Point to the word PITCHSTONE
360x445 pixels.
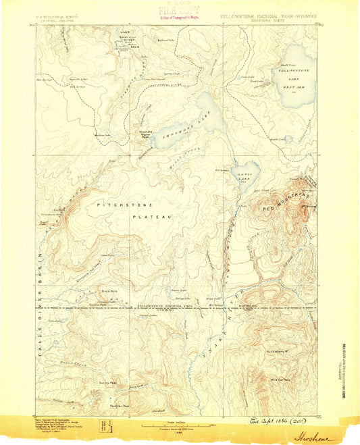[124, 204]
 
